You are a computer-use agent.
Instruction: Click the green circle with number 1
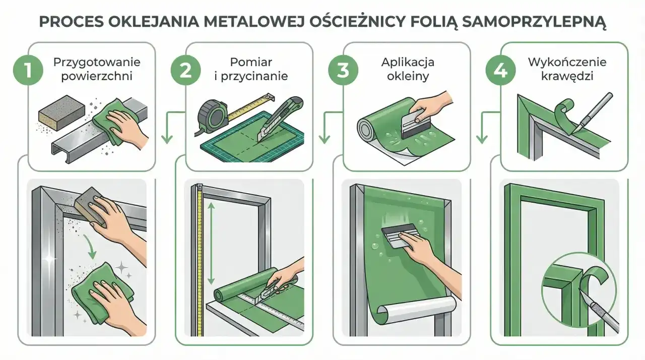tap(28, 70)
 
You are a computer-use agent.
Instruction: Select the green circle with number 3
tap(343, 70)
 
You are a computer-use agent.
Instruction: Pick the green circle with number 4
tap(500, 70)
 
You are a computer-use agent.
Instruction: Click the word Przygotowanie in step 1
tap(97, 63)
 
